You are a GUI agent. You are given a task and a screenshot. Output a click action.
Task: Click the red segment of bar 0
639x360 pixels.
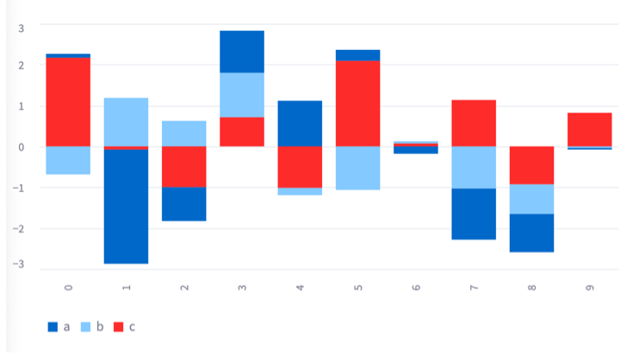coord(68,102)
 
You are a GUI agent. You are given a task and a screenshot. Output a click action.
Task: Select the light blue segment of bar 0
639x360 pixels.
coord(68,160)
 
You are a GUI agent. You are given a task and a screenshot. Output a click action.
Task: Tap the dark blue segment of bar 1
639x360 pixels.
coord(126,206)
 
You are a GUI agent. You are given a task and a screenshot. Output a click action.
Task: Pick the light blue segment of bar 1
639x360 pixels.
coord(126,121)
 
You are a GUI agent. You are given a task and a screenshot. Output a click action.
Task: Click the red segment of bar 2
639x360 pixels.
coord(184,166)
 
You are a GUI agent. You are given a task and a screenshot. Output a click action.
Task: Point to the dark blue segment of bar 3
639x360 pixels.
coord(242,52)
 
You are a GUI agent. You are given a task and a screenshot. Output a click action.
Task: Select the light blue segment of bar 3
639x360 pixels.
coord(242,95)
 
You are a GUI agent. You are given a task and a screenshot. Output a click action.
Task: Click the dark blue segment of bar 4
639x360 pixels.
coord(300,123)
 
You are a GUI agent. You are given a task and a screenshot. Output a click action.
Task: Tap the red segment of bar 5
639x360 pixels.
coord(357,103)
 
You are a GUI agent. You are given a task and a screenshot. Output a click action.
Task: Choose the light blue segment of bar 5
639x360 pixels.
coord(357,168)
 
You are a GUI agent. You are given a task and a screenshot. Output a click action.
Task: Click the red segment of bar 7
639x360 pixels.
coord(474,123)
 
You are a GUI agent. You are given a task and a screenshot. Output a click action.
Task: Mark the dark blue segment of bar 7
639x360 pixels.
coord(474,214)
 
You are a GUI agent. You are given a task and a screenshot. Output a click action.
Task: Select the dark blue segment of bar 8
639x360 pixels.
coord(531,233)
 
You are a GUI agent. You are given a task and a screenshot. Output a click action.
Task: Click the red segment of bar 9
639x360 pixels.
coord(589,129)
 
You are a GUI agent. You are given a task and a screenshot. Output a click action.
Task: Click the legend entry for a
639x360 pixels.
coord(59,327)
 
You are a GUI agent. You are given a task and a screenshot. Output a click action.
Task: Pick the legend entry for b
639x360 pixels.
coord(92,327)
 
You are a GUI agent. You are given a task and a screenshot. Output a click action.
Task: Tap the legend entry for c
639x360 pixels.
coord(125,327)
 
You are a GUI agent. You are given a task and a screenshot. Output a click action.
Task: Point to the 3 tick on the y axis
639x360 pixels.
coord(22,28)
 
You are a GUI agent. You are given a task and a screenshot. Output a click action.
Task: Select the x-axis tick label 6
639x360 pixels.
coord(416,285)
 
